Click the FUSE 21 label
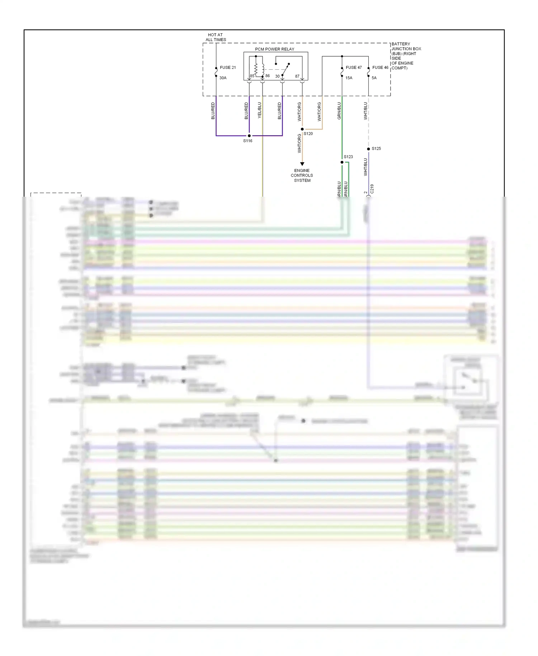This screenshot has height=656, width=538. (x=228, y=67)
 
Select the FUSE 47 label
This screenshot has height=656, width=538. (x=354, y=67)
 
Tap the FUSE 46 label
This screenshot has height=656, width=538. (x=380, y=67)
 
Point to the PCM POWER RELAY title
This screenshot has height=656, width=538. (x=274, y=49)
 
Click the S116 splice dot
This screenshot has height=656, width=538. (x=249, y=136)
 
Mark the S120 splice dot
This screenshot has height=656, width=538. (x=302, y=129)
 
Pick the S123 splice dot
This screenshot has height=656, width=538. (x=342, y=162)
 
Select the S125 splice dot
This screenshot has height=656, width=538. (x=368, y=149)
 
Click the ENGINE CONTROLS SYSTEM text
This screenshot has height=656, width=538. (x=302, y=175)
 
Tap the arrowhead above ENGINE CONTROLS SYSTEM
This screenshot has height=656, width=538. (x=302, y=164)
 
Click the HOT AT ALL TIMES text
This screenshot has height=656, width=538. (x=216, y=37)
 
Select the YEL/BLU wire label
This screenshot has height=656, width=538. (x=260, y=110)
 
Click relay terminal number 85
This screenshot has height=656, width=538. (x=252, y=76)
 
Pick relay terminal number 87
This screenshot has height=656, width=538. (x=297, y=76)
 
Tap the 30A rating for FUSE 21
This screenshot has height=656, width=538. (x=223, y=78)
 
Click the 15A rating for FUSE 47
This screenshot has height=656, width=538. (x=349, y=78)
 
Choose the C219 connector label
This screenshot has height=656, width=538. (x=372, y=189)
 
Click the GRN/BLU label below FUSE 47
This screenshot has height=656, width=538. (x=339, y=111)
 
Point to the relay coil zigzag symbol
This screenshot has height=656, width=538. (x=256, y=69)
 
